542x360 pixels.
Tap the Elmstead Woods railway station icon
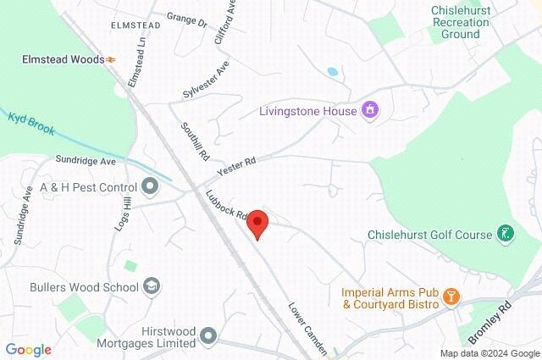pos(111,59)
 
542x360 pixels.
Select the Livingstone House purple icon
pos(369,110)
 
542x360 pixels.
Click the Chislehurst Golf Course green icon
pos(506,234)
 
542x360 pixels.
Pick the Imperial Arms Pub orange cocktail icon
pos(451,296)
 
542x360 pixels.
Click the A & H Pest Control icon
pos(150,186)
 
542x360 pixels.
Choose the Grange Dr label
pos(186,19)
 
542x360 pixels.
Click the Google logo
pos(28,349)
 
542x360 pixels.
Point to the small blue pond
pos(333,72)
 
